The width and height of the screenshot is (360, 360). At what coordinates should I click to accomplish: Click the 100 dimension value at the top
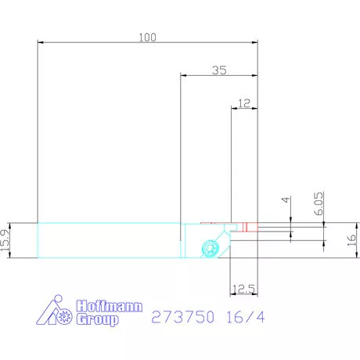coord(147,37)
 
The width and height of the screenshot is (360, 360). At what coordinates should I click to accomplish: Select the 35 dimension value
coord(219,70)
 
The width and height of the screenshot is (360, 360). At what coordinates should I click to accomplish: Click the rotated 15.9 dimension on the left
coord(7,240)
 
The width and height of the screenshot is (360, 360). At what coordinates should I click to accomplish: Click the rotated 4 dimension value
coord(286,200)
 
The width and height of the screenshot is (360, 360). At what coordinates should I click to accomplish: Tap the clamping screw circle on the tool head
coord(209,248)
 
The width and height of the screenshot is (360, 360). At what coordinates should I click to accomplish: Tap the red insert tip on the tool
coord(247,227)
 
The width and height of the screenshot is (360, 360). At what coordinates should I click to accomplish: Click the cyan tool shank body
coord(110,240)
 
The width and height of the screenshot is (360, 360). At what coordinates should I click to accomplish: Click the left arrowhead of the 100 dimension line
coord(40,43)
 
